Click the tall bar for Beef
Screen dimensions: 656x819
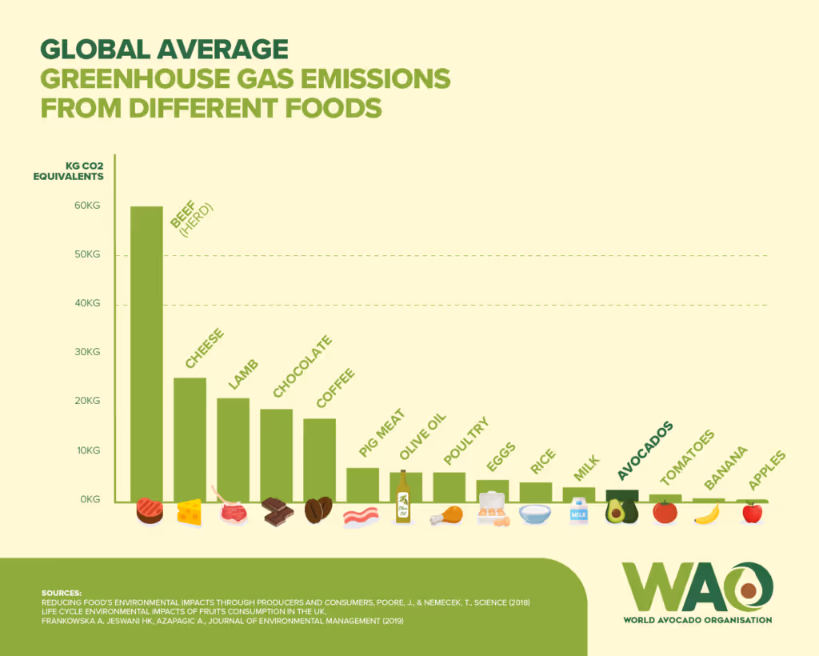pyautogui.click(x=146, y=352)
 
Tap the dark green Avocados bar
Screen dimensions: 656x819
pyautogui.click(x=621, y=495)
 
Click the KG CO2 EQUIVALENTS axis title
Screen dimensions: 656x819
pyautogui.click(x=69, y=171)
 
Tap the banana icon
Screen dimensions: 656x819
pyautogui.click(x=707, y=514)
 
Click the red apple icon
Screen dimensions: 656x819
pyautogui.click(x=752, y=512)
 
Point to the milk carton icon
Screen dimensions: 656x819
pyautogui.click(x=578, y=511)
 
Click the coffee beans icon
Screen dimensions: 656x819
pyautogui.click(x=318, y=510)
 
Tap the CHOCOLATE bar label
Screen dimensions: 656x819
pyautogui.click(x=302, y=367)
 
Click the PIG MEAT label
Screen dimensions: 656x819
pyautogui.click(x=382, y=434)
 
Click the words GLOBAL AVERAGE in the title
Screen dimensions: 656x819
pyautogui.click(x=164, y=50)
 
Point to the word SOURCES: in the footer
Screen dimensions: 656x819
pyautogui.click(x=61, y=593)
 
